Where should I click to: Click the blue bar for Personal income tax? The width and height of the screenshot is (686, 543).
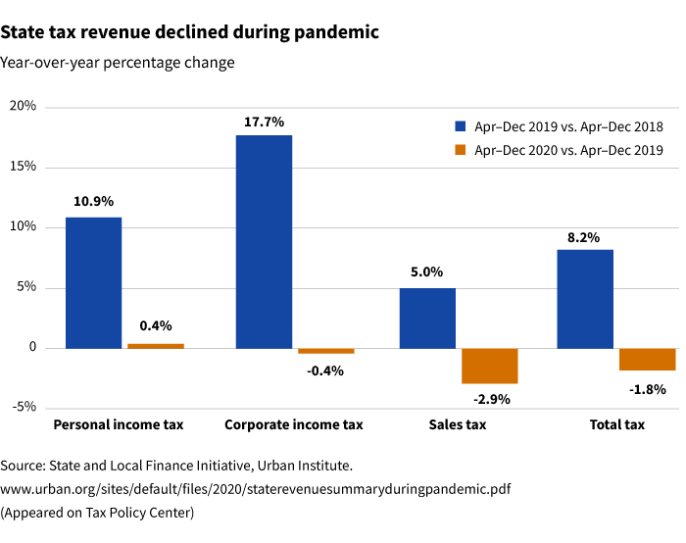(93, 282)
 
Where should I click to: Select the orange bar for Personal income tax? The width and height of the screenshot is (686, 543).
(156, 346)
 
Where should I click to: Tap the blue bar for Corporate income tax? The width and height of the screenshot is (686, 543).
(264, 241)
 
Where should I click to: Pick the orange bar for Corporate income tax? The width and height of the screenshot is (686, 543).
(326, 351)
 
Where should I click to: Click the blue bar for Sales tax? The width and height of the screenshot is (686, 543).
(427, 318)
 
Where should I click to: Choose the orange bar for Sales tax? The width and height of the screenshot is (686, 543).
(490, 366)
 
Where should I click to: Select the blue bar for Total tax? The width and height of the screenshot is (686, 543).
(585, 299)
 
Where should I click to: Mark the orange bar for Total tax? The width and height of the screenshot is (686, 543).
(648, 359)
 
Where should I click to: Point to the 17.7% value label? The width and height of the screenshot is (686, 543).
(264, 123)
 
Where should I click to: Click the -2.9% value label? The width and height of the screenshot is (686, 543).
(491, 399)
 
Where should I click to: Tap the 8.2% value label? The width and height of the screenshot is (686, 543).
(584, 237)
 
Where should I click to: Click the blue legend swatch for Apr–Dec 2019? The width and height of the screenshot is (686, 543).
(460, 126)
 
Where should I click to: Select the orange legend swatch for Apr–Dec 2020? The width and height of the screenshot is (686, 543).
(460, 150)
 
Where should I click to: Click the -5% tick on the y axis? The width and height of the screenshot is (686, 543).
(22, 408)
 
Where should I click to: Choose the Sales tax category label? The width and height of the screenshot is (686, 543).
(458, 424)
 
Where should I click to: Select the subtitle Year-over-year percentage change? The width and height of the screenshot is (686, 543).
(118, 63)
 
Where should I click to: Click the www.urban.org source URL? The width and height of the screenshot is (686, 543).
(256, 488)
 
